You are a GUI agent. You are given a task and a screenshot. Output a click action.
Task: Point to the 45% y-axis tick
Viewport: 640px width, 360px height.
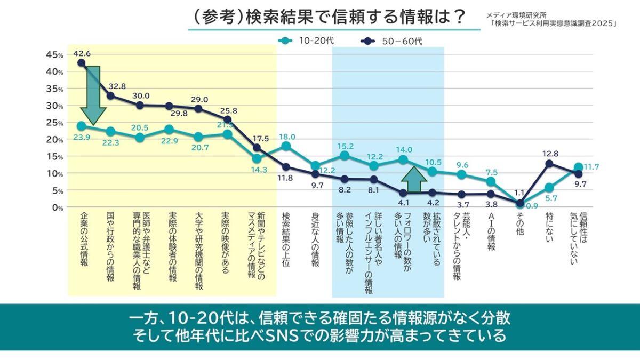pos(55,55)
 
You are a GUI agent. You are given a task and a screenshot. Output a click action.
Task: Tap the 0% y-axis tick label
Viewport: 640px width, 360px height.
pos(58,207)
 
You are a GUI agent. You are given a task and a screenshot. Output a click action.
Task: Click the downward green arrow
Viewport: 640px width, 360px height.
pos(93,93)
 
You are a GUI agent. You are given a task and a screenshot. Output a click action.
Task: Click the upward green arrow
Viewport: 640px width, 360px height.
pos(414,179)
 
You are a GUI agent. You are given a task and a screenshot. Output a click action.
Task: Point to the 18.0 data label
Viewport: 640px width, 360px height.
pos(287,137)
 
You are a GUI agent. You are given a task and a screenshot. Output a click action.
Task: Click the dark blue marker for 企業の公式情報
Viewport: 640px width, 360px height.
pos(81,63)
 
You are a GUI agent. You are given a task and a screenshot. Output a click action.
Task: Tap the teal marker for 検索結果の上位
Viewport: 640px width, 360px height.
pos(286,146)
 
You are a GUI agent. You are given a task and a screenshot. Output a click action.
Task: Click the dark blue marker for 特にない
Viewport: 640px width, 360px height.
pos(549,164)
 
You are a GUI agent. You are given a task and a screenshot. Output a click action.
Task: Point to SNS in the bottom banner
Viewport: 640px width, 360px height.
pos(290,337)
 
